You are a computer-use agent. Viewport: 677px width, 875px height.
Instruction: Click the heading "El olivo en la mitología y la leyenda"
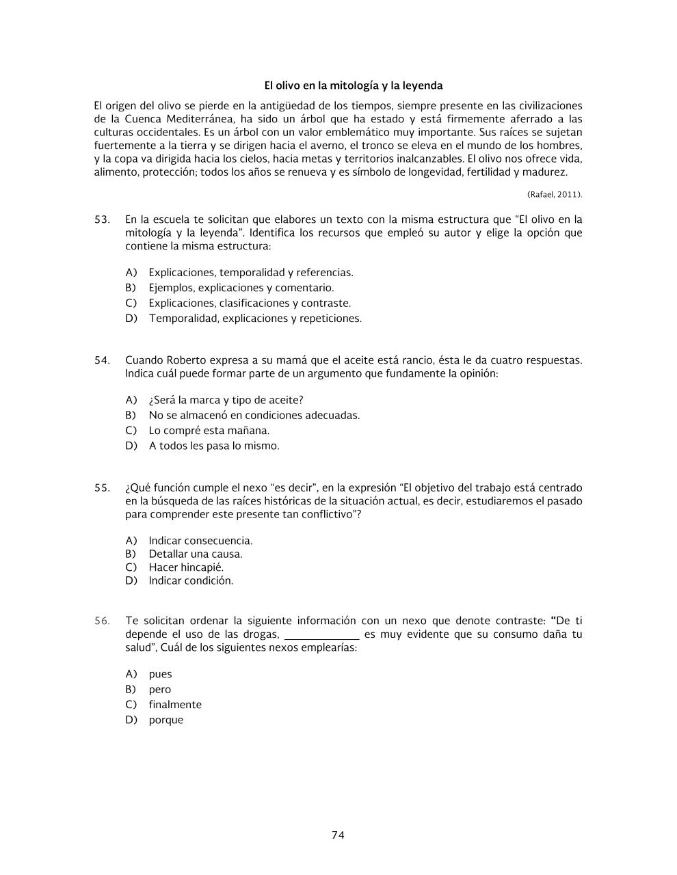[x=354, y=85]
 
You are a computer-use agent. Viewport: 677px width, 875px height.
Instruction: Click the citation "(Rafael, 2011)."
[x=555, y=194]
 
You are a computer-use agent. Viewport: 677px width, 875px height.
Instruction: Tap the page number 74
[x=338, y=835]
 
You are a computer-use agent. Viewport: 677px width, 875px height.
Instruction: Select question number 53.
[x=102, y=219]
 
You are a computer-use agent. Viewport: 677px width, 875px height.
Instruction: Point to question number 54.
[x=102, y=360]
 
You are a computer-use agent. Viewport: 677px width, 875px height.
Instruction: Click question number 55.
[x=102, y=487]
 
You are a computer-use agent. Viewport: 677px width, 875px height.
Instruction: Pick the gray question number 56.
[x=102, y=621]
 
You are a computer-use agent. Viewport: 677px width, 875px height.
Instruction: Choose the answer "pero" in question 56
[x=160, y=689]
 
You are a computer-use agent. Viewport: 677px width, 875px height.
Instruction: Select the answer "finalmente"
[x=175, y=704]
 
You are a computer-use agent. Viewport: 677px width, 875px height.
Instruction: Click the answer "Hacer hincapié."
[x=186, y=567]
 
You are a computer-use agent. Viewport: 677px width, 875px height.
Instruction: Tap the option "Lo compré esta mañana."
[x=209, y=430]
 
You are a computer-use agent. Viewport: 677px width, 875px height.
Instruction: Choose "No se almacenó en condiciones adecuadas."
[x=254, y=415]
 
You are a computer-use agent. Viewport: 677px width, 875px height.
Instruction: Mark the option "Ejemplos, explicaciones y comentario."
[x=241, y=288]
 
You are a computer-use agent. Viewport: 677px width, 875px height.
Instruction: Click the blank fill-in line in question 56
[x=321, y=635]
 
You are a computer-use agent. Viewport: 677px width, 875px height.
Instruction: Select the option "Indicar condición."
[x=191, y=580]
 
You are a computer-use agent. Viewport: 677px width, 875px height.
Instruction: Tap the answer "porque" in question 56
[x=166, y=720]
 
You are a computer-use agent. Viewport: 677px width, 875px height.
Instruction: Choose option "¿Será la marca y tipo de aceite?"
[x=226, y=400]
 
